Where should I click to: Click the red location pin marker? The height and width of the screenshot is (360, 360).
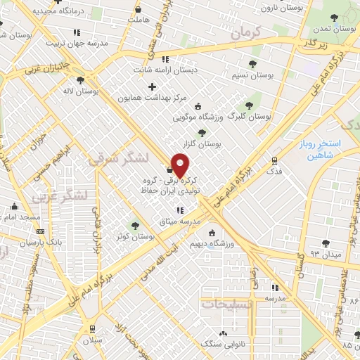coord(181,166)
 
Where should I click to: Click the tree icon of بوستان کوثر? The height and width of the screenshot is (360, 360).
coord(135,226)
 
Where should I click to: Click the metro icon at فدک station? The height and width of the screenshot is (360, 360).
coord(275,160)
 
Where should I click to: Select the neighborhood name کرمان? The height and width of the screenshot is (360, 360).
coord(245,32)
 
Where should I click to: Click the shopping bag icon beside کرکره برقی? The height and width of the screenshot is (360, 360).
coord(169,169)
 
